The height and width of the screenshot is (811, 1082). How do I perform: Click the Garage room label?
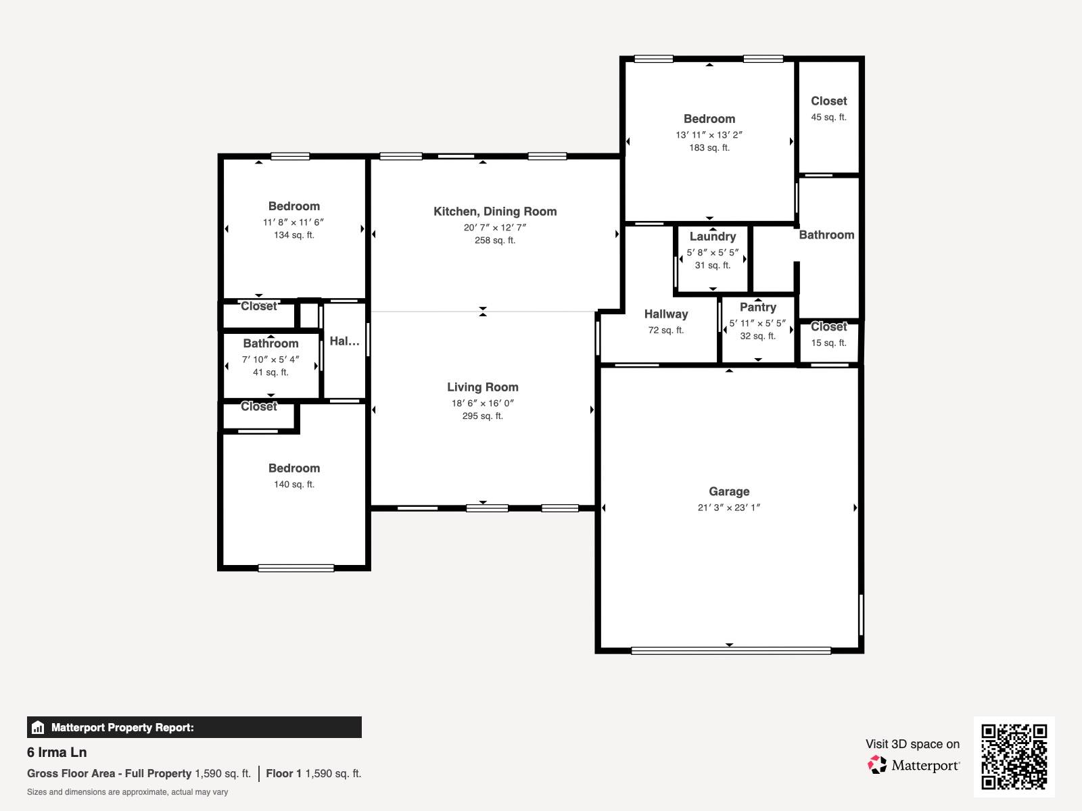pyautogui.click(x=728, y=491)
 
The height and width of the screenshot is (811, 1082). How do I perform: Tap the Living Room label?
pyautogui.click(x=483, y=387)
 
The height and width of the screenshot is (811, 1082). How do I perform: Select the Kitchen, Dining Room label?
pyautogui.click(x=495, y=212)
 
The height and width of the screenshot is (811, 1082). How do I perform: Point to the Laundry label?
pyautogui.click(x=712, y=237)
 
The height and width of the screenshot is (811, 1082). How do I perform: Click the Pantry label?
pyautogui.click(x=757, y=308)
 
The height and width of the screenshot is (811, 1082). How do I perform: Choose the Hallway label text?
pyautogui.click(x=666, y=314)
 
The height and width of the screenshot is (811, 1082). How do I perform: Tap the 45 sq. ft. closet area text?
pyautogui.click(x=828, y=117)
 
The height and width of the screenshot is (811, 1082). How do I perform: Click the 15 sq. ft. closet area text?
pyautogui.click(x=828, y=343)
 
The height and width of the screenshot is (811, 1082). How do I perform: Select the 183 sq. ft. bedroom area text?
pyautogui.click(x=709, y=148)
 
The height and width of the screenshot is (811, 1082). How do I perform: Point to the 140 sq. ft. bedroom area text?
pyautogui.click(x=293, y=485)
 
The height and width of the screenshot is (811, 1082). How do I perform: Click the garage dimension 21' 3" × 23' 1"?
pyautogui.click(x=728, y=508)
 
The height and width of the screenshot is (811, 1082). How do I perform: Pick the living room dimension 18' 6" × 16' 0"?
pyautogui.click(x=483, y=403)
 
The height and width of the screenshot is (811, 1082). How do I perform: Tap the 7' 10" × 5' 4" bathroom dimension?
pyautogui.click(x=270, y=360)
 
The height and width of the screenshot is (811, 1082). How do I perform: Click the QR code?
pyautogui.click(x=1014, y=757)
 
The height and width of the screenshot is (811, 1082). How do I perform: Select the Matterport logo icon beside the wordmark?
pyautogui.click(x=877, y=765)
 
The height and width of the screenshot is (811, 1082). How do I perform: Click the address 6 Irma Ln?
pyautogui.click(x=57, y=752)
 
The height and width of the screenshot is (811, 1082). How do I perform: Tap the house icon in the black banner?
pyautogui.click(x=38, y=727)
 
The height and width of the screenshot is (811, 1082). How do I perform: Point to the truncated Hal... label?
pyautogui.click(x=344, y=341)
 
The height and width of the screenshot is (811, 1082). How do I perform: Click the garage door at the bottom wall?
pyautogui.click(x=731, y=651)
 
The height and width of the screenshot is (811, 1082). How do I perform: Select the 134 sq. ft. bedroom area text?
pyautogui.click(x=293, y=235)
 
